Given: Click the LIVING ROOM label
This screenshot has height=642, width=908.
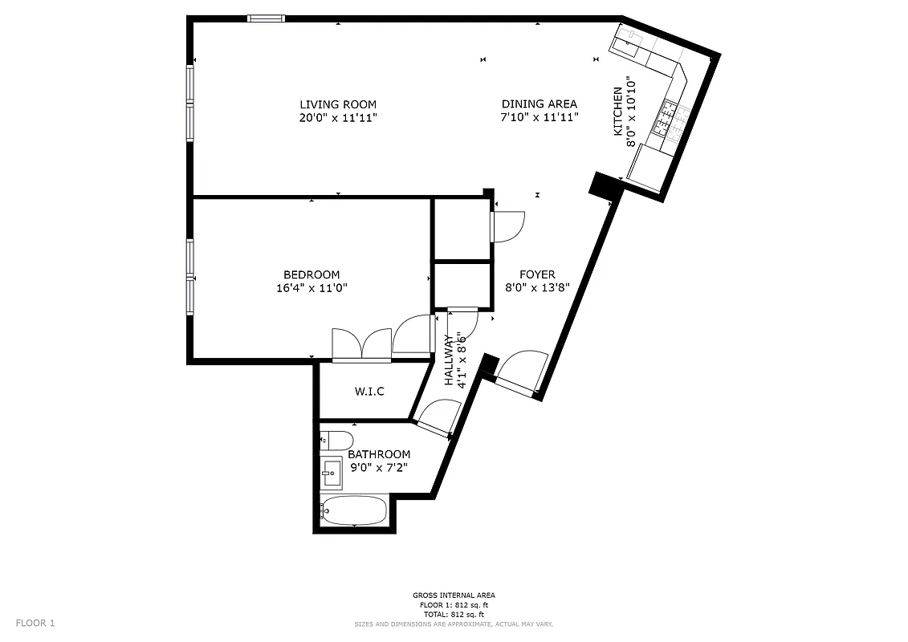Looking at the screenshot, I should tap(338, 104).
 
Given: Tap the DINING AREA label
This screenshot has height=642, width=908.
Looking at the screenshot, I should tap(540, 104).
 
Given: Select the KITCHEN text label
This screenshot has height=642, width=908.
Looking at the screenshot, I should tap(618, 112).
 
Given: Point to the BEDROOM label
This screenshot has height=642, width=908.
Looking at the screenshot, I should tap(311, 274).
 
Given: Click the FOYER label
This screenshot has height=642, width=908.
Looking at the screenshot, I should tap(537, 274).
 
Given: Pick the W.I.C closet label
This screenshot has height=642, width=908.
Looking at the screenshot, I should tap(369, 392).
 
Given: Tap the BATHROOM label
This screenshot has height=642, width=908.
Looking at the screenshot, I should tap(379, 454).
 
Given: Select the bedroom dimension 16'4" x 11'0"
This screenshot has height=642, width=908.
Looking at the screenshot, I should tap(311, 287).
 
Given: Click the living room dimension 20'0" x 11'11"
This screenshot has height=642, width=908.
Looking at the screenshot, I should tap(338, 117).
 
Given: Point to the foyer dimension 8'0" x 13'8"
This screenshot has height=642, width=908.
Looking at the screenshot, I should tap(537, 287).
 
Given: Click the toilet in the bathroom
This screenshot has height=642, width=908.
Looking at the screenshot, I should tap(336, 440).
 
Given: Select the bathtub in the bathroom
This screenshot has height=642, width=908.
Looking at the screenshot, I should tap(353, 510).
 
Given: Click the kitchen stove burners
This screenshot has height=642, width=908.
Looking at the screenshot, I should tap(669, 118).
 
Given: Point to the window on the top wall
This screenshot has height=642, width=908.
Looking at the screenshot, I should tap(266, 18).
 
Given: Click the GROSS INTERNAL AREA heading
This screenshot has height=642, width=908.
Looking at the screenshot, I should tap(454, 595).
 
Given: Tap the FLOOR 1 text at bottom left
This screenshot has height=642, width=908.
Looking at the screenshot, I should tap(35, 623).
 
